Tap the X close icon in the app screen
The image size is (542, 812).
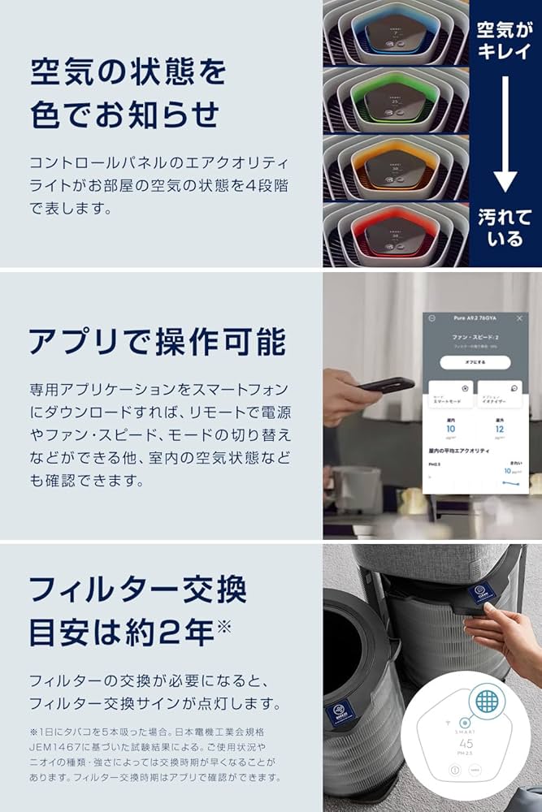[520, 319]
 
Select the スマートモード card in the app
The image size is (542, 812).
[450, 395]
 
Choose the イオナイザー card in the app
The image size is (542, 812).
[499, 395]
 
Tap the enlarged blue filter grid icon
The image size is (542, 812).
[488, 700]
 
